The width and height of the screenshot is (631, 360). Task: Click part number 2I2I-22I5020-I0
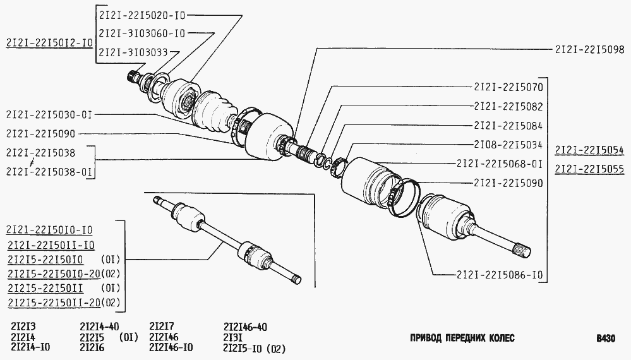coord(142,15)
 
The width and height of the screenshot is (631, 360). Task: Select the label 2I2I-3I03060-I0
coord(142,33)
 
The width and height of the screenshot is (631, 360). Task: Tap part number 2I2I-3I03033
coord(134,52)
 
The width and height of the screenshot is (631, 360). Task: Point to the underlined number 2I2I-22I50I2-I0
coord(49,43)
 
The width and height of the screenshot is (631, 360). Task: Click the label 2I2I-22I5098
coord(589,49)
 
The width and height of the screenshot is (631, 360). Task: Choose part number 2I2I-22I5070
coord(508,87)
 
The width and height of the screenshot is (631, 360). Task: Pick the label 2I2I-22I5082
coord(508,106)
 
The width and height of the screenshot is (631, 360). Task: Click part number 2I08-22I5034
coord(508,145)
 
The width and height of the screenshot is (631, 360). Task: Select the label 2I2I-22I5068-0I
coord(500,164)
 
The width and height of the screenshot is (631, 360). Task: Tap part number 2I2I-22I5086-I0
coord(500,275)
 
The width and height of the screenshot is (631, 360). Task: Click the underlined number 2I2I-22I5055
coord(589,169)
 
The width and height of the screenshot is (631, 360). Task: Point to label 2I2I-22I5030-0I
coord(49,115)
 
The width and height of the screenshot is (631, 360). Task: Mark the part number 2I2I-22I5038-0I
coord(49,172)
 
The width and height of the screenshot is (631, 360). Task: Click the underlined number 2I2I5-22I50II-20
coord(54,303)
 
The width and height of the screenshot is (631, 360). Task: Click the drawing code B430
coord(606,339)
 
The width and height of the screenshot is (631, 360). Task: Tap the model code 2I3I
coord(233,337)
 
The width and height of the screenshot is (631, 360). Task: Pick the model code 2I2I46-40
coord(245,327)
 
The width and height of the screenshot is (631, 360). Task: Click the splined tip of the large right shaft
coord(523,249)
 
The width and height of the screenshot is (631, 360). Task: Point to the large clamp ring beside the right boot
coord(404,198)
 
